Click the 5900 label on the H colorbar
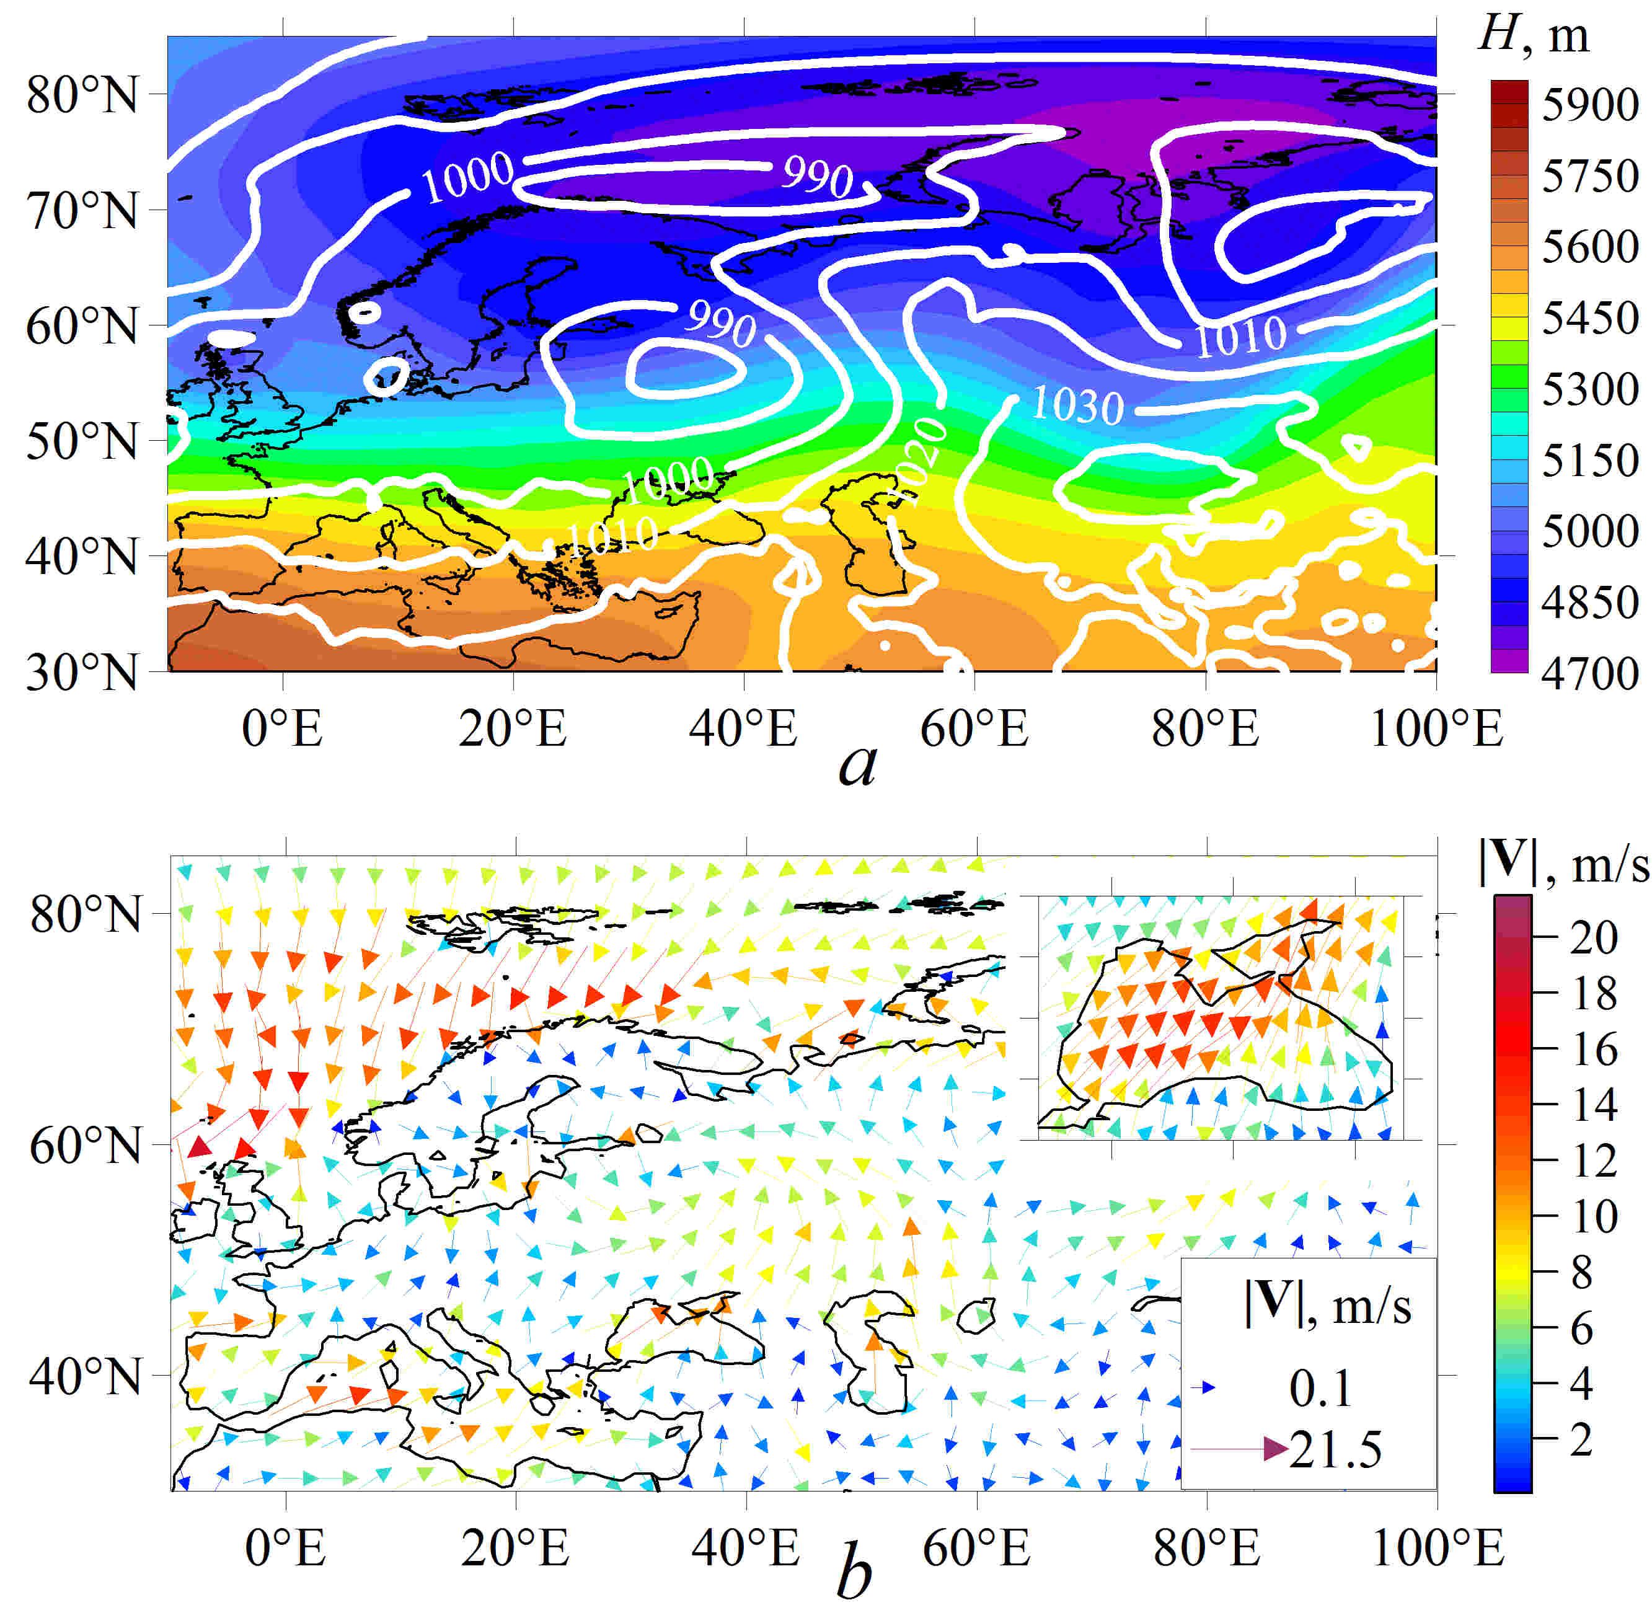(1589, 105)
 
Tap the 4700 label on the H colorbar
(1589, 674)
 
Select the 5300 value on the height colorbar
(1589, 389)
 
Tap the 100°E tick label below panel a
(1436, 729)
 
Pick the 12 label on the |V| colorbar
(1593, 1161)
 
